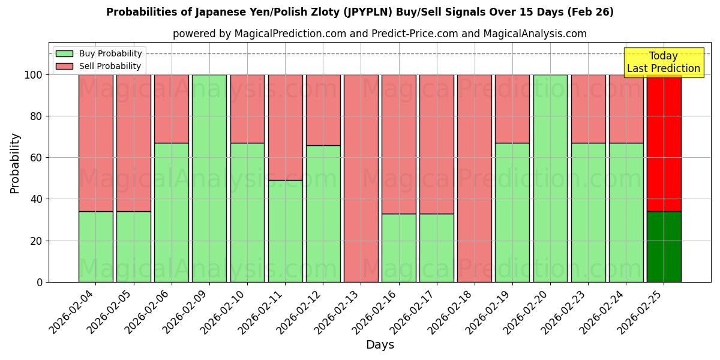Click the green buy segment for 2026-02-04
pos(95,247)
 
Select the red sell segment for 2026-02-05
pos(133,143)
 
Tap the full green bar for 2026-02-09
pos(209,178)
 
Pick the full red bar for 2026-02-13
pos(361,178)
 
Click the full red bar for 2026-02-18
pos(475,178)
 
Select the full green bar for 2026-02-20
pos(550,178)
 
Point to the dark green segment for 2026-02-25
pos(664,247)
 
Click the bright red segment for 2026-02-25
pos(664,143)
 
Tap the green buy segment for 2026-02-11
pos(285,231)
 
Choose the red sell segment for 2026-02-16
pos(399,144)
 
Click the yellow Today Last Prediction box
pos(663,62)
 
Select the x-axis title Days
pos(380,345)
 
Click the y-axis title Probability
pos(15,163)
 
